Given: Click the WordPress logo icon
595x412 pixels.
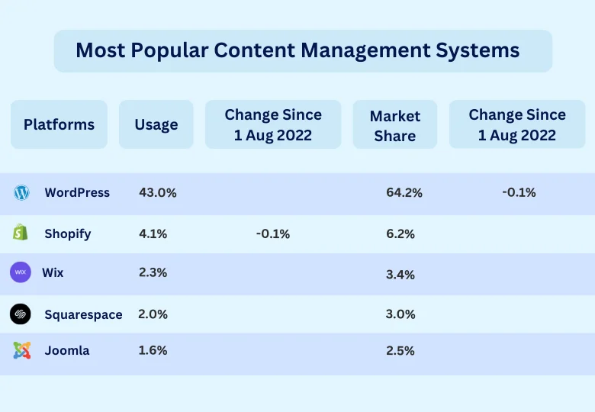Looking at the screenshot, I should pos(21,193).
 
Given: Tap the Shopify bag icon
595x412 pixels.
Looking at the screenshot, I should pos(21,233).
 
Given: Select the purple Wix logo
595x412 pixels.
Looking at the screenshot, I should pos(21,272).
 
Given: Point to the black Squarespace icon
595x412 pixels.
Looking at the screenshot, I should pos(21,314).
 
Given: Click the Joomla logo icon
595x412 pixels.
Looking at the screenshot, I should pos(21,351).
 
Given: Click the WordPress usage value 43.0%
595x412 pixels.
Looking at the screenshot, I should pos(158,193).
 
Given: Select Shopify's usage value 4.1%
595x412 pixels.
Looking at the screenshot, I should pos(153,233).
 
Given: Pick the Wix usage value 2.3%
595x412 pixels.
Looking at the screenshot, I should pos(153,272).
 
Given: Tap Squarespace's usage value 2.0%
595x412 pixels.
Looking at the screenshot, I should pos(153,314).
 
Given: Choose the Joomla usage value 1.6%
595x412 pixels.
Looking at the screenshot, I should pos(153,351).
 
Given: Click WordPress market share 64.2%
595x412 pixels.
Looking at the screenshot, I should pos(404,193).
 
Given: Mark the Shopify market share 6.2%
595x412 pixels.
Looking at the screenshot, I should pos(400,234).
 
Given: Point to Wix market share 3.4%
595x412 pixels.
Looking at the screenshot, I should pos(400,275).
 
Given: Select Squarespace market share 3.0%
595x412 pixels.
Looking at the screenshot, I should pos(400,314).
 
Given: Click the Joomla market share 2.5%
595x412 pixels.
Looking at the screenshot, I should pos(400,351).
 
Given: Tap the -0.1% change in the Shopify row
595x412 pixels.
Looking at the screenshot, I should pos(272,234).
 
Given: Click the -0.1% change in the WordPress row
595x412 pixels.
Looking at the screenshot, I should pos(519,192).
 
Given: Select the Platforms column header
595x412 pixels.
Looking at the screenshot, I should pos(59,124).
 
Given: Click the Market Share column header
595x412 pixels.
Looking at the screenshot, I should pos(395,126).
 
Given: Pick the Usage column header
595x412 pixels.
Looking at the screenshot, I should pos(156,124).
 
